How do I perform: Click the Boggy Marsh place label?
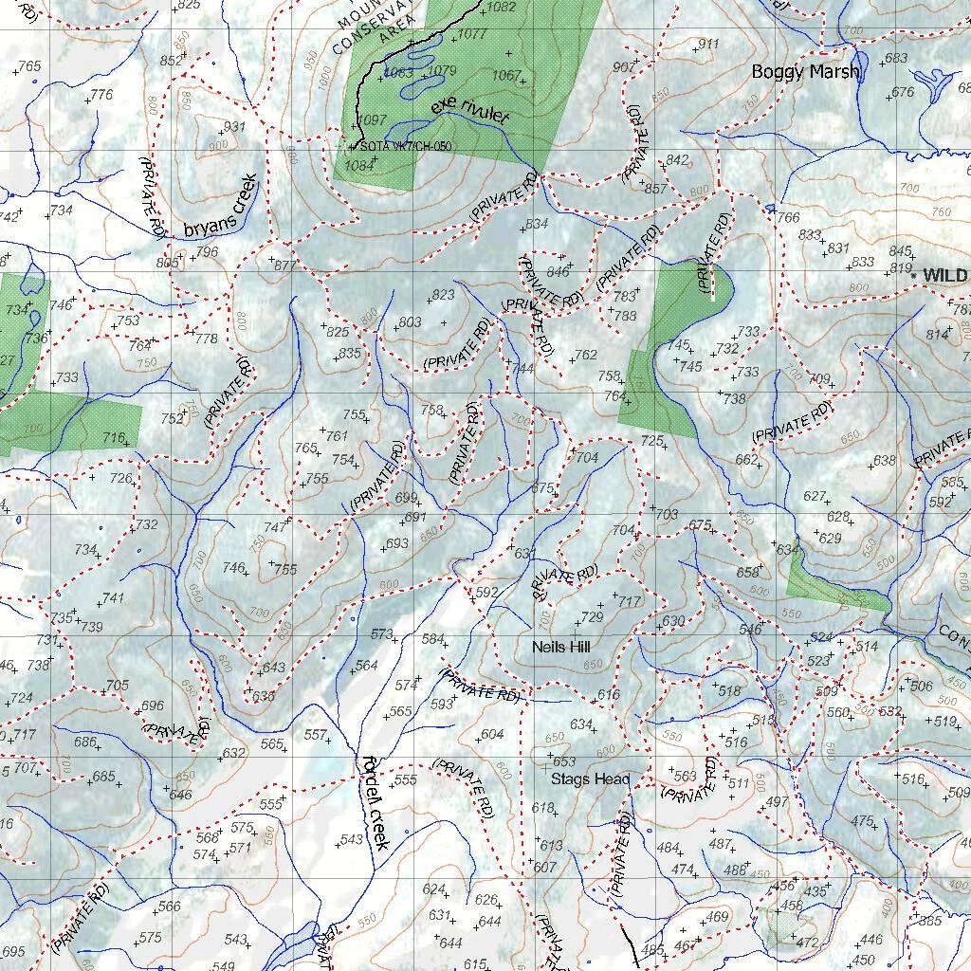pos(805,71)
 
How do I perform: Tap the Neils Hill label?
pos(561,647)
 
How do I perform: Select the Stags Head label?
pos(590,779)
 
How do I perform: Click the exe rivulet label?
pos(469,112)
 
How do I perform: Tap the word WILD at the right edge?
pos(945,275)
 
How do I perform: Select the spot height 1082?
pos(500,8)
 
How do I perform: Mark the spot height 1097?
pos(375,120)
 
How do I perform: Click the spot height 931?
pos(234,127)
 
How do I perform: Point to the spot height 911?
pos(708,45)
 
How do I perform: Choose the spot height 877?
pos(284,266)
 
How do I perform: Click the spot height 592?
pos(487,593)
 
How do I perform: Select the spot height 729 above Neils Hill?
pos(592,617)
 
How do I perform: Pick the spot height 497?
pos(777,802)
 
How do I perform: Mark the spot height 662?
pos(746,460)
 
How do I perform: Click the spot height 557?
pos(315,735)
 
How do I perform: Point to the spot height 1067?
pos(507,76)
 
